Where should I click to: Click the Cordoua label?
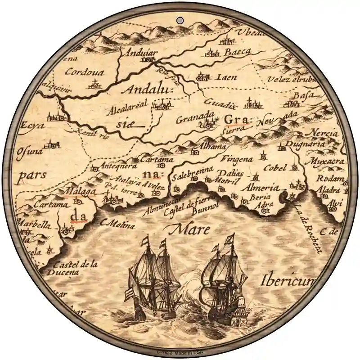point(84,72)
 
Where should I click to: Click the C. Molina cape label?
point(118,222)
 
